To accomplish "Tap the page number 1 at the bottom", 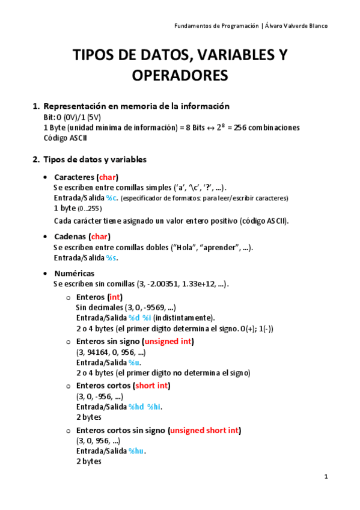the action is [x=326, y=477].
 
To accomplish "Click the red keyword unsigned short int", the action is [x=206, y=431].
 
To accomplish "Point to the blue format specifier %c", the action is [x=112, y=198].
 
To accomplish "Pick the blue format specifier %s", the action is [x=112, y=257].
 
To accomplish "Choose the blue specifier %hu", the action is [x=136, y=451].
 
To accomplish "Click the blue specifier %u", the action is [x=134, y=363].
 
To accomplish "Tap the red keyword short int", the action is [x=152, y=386].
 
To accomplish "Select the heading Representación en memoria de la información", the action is [x=137, y=106].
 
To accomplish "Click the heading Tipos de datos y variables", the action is [x=96, y=159].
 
